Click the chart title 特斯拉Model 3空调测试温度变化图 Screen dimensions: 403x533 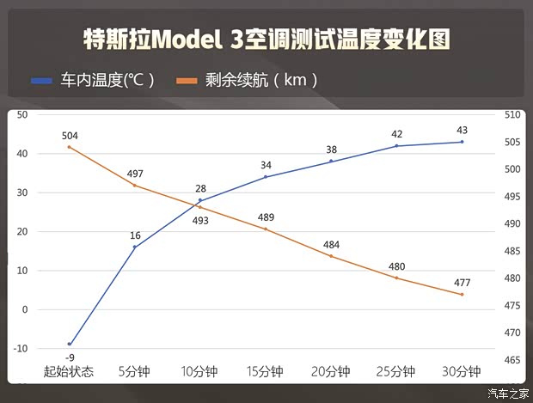coord(266,39)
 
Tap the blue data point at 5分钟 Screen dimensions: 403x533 coord(135,247)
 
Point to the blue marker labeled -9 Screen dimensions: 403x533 coord(70,344)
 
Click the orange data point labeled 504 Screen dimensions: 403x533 coord(70,147)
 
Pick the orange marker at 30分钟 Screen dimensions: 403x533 coord(462,295)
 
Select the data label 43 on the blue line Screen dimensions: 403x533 coord(462,131)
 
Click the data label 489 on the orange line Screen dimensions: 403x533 coord(266,217)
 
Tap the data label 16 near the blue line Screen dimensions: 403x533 coord(135,235)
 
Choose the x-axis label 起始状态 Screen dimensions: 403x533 coord(69,372)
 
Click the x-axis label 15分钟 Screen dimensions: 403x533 coord(265,372)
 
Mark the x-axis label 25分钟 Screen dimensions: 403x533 coord(395,372)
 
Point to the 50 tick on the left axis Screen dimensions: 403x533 coord(22,114)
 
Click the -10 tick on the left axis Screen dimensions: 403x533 coord(20,348)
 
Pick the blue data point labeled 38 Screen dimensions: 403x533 coord(331,161)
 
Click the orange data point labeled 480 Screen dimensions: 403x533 coord(396,278)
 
